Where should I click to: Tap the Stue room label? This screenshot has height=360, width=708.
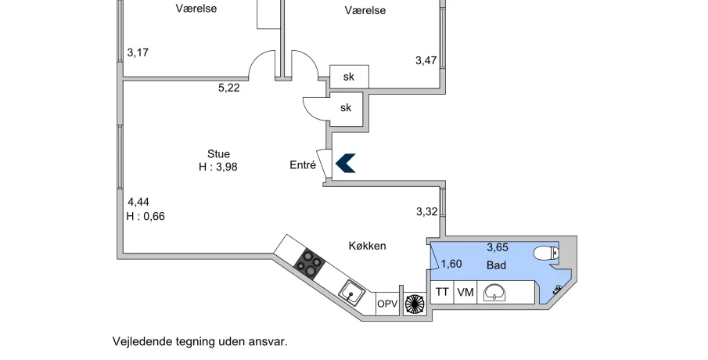pos(219,153)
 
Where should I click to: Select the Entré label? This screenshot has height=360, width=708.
pos(302,165)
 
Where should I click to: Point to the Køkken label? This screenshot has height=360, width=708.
pos(367,246)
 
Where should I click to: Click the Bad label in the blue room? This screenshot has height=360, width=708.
pos(496,265)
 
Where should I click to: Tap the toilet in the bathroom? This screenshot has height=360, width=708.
pos(544,253)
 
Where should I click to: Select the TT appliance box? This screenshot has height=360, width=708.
pos(442,292)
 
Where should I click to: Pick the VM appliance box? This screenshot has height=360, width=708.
pos(465,292)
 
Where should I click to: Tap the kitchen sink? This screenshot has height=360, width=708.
pos(353,294)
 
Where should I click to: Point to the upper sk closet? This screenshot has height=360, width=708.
pos(349,77)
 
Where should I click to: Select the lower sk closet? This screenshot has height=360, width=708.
pos(346,108)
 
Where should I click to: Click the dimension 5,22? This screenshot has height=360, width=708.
pos(228,88)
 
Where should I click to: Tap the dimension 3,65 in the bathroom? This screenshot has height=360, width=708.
pos(498,247)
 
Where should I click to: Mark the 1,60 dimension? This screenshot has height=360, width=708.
pos(451,264)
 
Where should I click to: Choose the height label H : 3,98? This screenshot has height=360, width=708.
pos(219,167)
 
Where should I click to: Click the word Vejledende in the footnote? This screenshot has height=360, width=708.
pos(138,342)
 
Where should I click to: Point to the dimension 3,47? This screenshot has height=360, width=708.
pos(426,59)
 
